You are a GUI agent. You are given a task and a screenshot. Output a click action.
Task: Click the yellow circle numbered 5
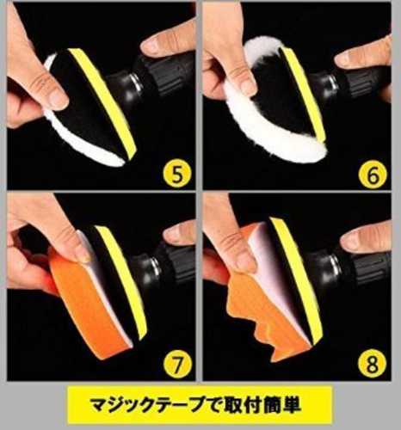tap(177, 174)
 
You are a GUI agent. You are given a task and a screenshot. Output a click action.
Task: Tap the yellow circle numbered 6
tap(373, 175)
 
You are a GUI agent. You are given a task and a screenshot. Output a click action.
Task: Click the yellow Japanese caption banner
tap(200, 405)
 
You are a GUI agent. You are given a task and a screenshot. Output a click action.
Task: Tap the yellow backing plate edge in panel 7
tap(122, 282)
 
